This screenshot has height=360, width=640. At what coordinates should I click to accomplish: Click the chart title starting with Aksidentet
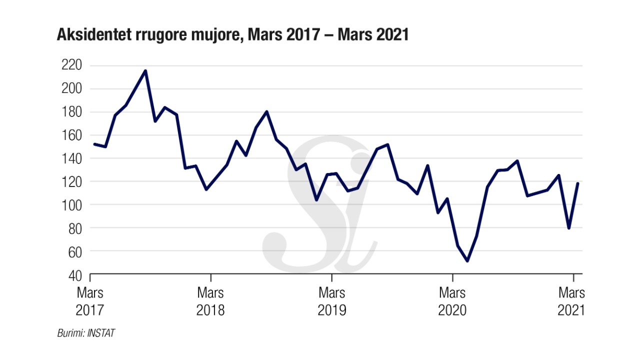point(233,35)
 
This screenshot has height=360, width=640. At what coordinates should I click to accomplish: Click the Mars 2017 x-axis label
point(90,301)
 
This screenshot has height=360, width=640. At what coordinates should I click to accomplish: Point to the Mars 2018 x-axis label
point(210,301)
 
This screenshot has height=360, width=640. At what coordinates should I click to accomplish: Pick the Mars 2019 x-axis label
point(331,301)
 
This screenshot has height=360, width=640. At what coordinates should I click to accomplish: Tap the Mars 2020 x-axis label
point(452,301)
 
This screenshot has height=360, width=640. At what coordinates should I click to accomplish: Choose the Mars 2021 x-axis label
point(571,301)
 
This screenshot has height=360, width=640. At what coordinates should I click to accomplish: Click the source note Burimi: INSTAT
point(86,332)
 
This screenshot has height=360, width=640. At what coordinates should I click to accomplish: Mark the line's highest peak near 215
point(145,70)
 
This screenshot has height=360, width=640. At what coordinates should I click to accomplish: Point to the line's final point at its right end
point(578,183)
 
